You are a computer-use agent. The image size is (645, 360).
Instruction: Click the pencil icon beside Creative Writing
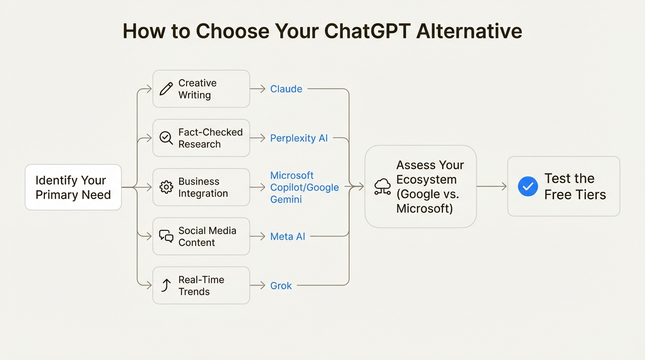click(166, 89)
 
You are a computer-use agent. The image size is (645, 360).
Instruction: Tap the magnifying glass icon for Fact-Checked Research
click(166, 138)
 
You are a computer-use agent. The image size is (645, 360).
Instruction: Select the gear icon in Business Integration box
click(166, 187)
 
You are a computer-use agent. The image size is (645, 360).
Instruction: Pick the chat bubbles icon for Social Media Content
click(166, 236)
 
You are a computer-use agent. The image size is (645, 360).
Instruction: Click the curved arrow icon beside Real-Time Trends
click(166, 285)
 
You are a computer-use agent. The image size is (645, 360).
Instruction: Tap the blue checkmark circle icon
click(528, 186)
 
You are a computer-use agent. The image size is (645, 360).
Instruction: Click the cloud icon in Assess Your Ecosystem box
click(382, 187)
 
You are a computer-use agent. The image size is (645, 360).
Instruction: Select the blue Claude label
click(286, 89)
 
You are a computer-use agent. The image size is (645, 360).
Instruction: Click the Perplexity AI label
click(299, 138)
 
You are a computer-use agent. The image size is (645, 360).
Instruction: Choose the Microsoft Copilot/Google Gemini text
click(304, 187)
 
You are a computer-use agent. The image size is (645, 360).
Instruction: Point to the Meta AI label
click(287, 237)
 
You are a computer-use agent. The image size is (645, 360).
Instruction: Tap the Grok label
click(281, 285)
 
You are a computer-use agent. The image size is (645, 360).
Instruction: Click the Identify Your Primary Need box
click(73, 187)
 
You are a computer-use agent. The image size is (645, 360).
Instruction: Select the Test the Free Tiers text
click(575, 186)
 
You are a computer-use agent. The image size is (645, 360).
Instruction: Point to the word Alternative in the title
click(469, 31)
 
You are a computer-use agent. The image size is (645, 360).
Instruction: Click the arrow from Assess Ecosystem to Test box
click(492, 187)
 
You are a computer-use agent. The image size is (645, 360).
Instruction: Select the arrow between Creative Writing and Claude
click(258, 89)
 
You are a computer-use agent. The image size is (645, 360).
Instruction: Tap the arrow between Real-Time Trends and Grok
click(258, 285)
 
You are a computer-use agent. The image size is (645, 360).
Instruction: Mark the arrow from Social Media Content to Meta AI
click(258, 236)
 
